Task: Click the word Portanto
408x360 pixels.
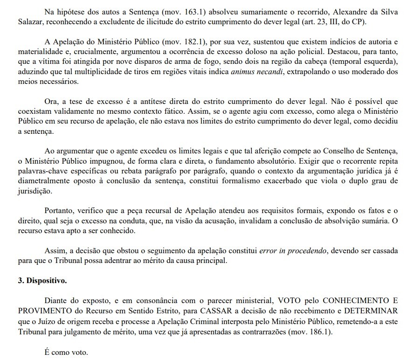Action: (x=60, y=210)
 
